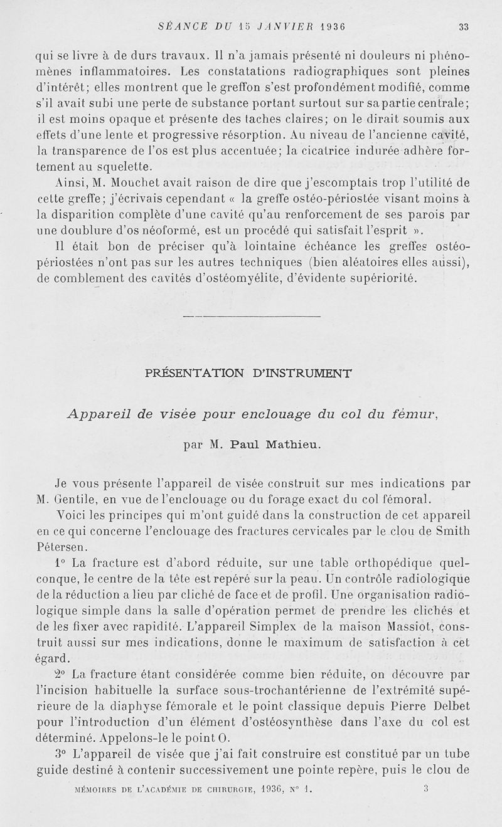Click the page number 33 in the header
tap(464, 27)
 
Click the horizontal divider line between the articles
tap(251, 316)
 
